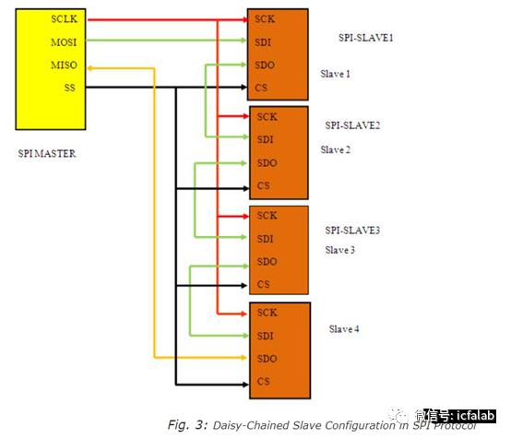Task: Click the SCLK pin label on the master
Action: point(65,18)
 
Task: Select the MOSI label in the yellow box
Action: point(64,42)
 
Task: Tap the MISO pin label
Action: point(65,65)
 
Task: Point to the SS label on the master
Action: point(70,88)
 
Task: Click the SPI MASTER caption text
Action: point(47,153)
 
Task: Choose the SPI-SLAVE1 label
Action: point(365,38)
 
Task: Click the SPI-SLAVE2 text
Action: point(352,125)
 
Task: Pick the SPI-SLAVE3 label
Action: point(352,230)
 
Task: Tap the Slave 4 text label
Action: point(344,329)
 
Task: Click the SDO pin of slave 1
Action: point(265,65)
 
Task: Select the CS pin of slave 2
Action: point(263,185)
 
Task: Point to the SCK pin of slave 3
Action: point(267,215)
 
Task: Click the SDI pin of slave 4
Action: point(265,336)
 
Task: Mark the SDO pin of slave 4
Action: point(267,359)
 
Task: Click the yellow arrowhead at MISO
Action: point(90,68)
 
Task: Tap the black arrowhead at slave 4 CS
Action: point(245,385)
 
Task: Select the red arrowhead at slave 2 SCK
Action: point(245,116)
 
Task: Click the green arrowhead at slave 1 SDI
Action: point(244,40)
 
